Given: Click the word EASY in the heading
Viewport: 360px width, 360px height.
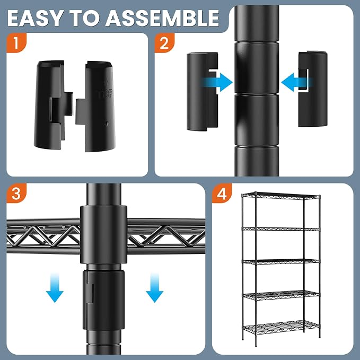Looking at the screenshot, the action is click(x=35, y=18).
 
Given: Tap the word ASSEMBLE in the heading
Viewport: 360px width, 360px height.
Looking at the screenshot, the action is click(x=162, y=18).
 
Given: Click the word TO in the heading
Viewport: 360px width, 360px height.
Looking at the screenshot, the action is click(x=84, y=18).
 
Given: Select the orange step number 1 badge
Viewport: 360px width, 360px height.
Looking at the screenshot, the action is click(x=16, y=43).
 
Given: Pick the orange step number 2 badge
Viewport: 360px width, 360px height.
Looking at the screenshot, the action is click(x=164, y=43).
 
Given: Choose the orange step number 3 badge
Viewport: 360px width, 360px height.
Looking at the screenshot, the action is click(x=16, y=194).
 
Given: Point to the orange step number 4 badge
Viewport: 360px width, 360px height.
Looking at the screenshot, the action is click(x=222, y=194).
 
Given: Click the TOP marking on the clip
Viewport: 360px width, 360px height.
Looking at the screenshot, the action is click(x=106, y=93).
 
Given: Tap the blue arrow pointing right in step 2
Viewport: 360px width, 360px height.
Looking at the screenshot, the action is click(x=217, y=82).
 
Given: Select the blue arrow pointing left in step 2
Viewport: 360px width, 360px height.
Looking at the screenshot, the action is click(x=296, y=82).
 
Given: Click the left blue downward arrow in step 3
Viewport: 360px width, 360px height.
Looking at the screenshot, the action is click(x=55, y=288).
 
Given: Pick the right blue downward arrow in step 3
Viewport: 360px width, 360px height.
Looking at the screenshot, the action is click(x=154, y=288).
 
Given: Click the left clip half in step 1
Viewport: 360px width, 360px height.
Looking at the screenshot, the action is click(x=53, y=105).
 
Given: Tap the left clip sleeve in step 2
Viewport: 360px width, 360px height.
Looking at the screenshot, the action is click(x=202, y=92).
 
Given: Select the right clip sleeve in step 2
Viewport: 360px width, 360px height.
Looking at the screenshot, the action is click(x=313, y=89).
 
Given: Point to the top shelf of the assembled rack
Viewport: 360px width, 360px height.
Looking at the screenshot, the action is click(x=280, y=196).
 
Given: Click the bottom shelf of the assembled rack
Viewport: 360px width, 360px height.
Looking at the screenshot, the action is click(x=281, y=327).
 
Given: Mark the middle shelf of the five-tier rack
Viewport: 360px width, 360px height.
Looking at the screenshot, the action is click(x=281, y=261).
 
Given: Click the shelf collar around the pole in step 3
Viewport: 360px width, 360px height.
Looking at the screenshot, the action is click(x=103, y=234).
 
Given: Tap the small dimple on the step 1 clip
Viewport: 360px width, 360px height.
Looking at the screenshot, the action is click(x=106, y=124).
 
